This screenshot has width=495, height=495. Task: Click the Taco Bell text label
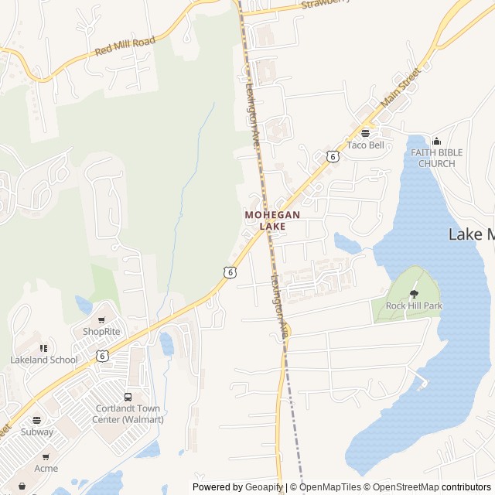coord(365,145)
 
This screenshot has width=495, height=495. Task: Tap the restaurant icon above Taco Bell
coord(365,133)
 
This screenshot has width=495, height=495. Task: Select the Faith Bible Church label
coord(437,158)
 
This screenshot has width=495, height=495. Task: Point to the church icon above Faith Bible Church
coord(437,141)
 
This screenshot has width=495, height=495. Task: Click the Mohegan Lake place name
coord(272,220)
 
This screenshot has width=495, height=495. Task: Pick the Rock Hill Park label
coord(414,306)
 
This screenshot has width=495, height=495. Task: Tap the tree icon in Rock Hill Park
coord(414,293)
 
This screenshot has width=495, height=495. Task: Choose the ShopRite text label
coord(102,332)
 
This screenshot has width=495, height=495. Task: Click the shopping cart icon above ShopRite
coord(101,319)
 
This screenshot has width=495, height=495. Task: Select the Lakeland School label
coord(44,360)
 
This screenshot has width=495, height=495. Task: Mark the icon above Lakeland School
coord(44,348)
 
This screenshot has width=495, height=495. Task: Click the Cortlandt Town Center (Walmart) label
coord(129,414)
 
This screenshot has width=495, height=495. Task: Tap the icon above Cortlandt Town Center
coord(128,397)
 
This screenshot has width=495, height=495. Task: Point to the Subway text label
coord(36,432)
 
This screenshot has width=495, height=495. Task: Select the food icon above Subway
coord(36,420)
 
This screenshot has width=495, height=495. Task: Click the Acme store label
coord(46,469)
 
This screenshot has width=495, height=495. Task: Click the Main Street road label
coord(400,87)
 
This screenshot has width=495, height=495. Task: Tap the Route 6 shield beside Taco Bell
coord(333,156)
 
